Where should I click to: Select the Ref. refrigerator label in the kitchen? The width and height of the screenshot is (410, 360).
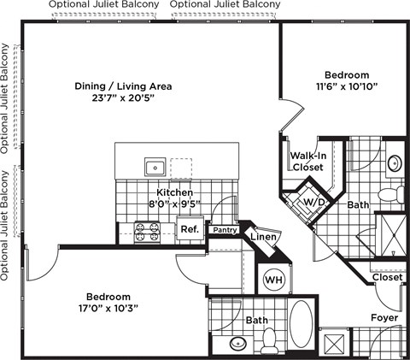click(x=190, y=230)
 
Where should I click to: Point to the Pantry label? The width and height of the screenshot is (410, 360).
click(x=225, y=229)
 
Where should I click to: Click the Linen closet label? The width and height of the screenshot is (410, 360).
click(x=262, y=237)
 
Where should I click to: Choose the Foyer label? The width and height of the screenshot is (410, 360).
click(x=382, y=318)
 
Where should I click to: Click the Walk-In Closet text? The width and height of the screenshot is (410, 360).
click(x=306, y=162)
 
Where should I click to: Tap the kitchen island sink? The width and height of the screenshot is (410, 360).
click(x=155, y=166)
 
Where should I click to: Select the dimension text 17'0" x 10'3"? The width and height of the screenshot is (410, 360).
click(x=107, y=308)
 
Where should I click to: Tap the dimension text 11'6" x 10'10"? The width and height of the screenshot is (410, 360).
click(x=346, y=86)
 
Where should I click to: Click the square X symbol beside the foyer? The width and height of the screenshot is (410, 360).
click(x=336, y=344)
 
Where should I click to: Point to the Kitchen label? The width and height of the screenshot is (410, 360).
click(x=173, y=193)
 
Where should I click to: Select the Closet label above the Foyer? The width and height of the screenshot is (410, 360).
click(x=386, y=277)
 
